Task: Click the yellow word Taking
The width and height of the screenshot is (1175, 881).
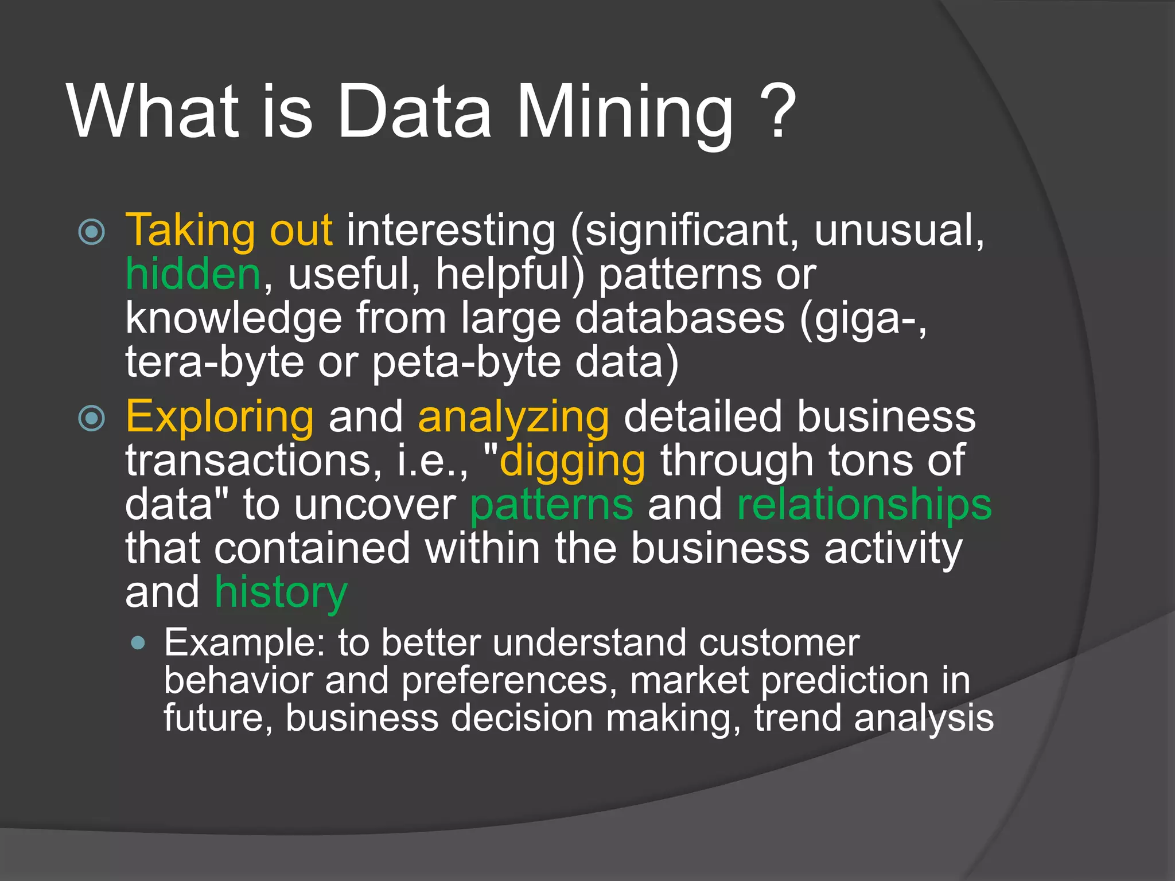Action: tap(190, 231)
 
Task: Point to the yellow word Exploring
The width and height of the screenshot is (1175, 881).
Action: tap(220, 418)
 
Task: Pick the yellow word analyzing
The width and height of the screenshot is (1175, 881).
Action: tap(513, 418)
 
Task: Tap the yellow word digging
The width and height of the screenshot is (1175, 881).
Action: tap(573, 461)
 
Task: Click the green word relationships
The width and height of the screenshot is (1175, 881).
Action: tap(864, 505)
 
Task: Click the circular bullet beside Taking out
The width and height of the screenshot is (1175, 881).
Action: tap(92, 232)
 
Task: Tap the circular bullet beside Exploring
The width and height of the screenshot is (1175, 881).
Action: tap(92, 418)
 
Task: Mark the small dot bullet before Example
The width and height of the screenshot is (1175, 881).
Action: tap(138, 642)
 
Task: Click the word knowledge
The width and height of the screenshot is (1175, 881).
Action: tap(234, 319)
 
